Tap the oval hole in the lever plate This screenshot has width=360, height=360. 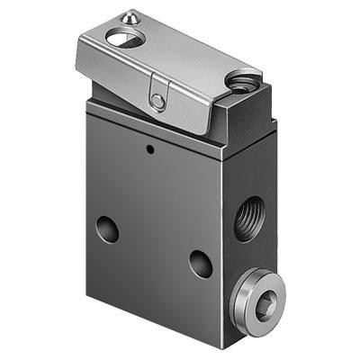120,38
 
